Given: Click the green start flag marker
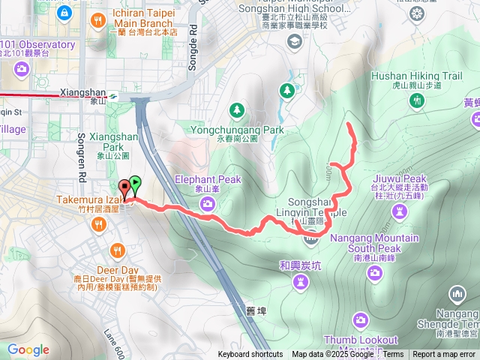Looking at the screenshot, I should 134,182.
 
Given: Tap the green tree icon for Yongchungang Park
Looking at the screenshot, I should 237,111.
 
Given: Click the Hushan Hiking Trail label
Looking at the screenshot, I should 416,76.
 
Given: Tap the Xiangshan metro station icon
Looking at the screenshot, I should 112,95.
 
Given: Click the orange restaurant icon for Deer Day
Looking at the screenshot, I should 117,250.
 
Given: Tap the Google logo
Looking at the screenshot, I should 28,349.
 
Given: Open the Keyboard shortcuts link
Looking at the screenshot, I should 250,355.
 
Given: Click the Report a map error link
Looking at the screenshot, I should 444,355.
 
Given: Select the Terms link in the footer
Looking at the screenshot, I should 394,355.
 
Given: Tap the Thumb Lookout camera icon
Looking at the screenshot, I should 361,320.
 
